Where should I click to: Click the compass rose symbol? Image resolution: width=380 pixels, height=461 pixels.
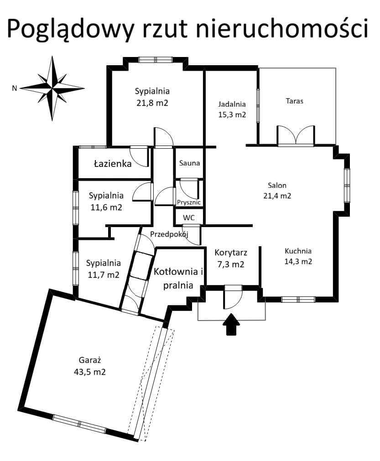click(x=52, y=88)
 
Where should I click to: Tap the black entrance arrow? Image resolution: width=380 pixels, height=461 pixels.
click(x=231, y=324)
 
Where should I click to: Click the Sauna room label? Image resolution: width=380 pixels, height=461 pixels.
click(x=189, y=163)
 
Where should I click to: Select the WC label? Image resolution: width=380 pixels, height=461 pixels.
click(x=188, y=218)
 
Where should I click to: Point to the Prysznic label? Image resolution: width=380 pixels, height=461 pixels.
click(x=189, y=202)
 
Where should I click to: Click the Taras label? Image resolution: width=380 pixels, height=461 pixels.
click(x=294, y=101)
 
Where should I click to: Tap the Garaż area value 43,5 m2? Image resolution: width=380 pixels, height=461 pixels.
click(x=90, y=372)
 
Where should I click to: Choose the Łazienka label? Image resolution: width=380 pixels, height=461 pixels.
click(x=113, y=163)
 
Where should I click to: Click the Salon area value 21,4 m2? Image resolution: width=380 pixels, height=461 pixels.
click(x=277, y=196)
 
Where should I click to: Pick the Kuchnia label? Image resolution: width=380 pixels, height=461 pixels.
click(x=298, y=251)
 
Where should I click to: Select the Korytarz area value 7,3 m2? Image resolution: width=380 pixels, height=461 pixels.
click(x=231, y=264)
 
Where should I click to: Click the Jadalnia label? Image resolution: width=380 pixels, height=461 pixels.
click(x=232, y=104)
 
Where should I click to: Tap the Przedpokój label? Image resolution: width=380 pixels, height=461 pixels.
click(x=169, y=234)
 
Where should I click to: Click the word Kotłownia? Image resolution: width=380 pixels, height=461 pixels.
click(x=176, y=271)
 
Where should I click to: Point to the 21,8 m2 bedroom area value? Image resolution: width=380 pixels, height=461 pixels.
click(x=152, y=103)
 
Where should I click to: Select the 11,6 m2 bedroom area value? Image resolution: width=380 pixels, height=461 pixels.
click(x=106, y=207)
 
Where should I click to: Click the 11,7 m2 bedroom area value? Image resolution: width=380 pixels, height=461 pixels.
click(x=104, y=275)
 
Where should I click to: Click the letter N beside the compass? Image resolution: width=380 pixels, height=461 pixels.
click(x=15, y=88)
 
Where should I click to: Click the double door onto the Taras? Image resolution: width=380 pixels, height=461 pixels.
click(x=296, y=135)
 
